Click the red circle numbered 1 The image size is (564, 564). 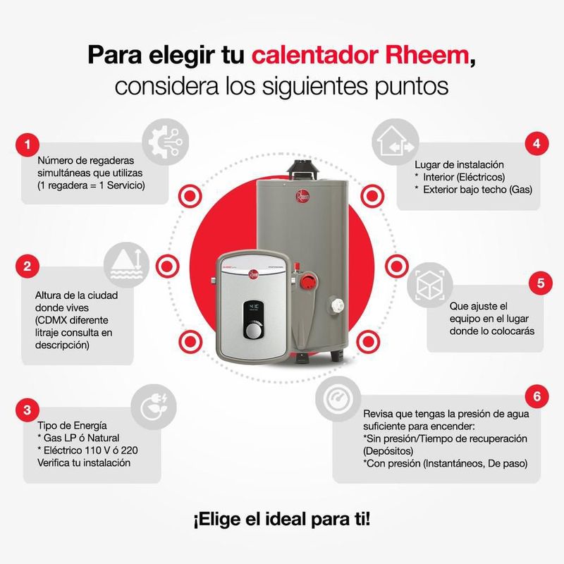pyautogui.click(x=27, y=145)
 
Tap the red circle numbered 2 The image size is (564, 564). pyautogui.click(x=27, y=266)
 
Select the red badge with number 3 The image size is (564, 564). pyautogui.click(x=27, y=410)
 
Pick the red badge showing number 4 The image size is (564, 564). pyautogui.click(x=537, y=144)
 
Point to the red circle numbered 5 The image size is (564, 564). pyautogui.click(x=541, y=283)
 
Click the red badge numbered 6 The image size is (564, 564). pyautogui.click(x=537, y=396)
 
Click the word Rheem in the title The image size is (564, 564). pyautogui.click(x=427, y=55)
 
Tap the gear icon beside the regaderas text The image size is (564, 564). pyautogui.click(x=165, y=142)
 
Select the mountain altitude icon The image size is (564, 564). pyautogui.click(x=126, y=265)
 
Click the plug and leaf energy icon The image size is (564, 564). pyautogui.click(x=154, y=407)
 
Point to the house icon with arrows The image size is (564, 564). pyautogui.click(x=396, y=142)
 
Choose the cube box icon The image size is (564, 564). pyautogui.click(x=430, y=286)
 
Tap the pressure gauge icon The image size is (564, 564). pyautogui.click(x=338, y=399)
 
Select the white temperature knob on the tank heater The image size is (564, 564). pyautogui.click(x=336, y=306)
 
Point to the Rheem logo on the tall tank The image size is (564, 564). pyautogui.click(x=302, y=196)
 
